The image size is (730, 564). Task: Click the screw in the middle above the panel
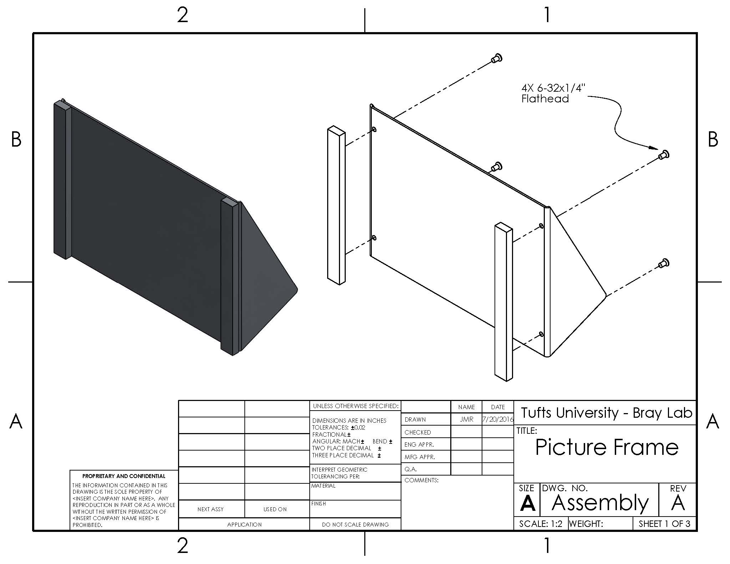point(496,167)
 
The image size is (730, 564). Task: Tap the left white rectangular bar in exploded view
point(336,205)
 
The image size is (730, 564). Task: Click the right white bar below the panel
point(503,302)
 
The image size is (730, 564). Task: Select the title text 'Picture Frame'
point(606,447)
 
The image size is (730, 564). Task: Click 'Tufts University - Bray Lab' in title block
point(606,413)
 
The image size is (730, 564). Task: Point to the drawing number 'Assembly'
point(600,503)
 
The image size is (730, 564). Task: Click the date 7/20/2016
point(497,420)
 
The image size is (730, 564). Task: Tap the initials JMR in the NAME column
point(466,420)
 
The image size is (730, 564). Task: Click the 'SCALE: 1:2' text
point(541,524)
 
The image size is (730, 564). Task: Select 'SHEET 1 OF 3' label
point(664,524)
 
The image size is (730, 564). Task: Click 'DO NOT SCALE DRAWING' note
point(355,524)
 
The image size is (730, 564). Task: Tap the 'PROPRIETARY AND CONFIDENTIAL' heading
point(124,476)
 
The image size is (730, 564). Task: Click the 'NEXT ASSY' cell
point(211,509)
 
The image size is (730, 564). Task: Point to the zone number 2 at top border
point(182,16)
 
